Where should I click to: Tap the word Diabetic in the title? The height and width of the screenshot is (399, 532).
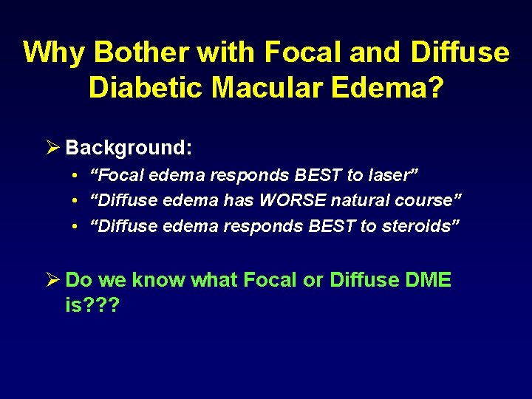[146, 87]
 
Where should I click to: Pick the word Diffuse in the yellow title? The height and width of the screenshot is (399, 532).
[460, 53]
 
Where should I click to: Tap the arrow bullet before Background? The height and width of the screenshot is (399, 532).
[52, 148]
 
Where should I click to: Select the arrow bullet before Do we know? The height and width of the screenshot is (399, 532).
[52, 280]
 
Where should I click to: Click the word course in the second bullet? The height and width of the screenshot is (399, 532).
[428, 200]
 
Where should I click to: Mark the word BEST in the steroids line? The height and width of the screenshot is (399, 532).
[331, 225]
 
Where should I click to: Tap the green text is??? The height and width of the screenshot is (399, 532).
[92, 305]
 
